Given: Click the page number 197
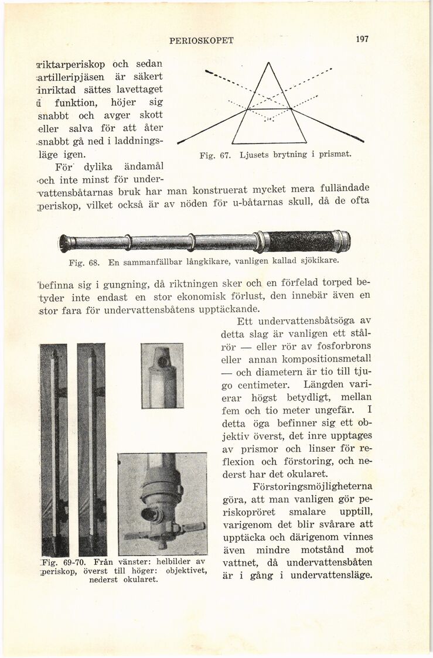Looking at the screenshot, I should [x=362, y=39].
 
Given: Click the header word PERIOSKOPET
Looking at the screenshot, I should [x=201, y=40].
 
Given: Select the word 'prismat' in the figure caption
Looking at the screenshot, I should [x=332, y=155].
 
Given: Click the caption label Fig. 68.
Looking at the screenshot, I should [x=83, y=262].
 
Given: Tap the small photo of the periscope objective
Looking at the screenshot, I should [x=162, y=375].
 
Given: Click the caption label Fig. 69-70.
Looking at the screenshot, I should [x=64, y=561].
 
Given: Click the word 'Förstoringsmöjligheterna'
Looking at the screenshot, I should [x=312, y=486].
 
